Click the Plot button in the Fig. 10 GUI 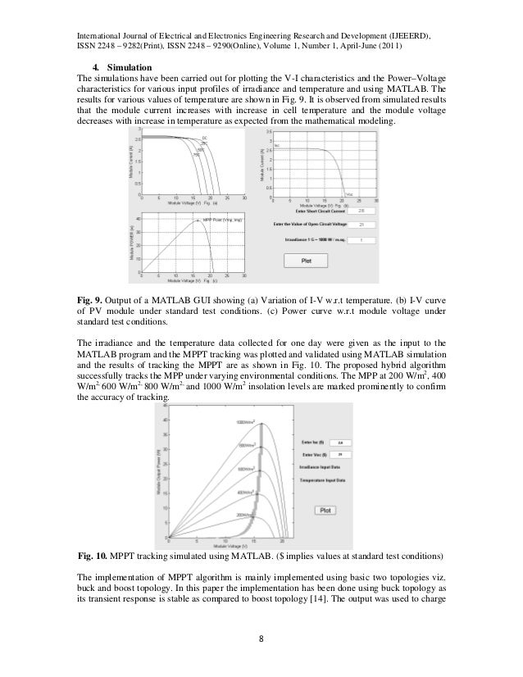pyautogui.click(x=325, y=509)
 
